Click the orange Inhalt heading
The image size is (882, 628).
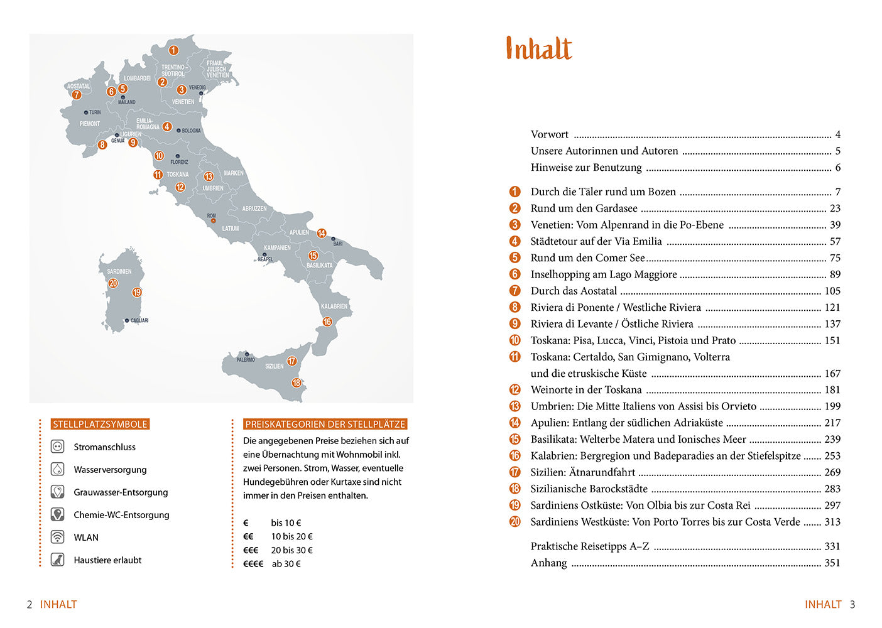539,48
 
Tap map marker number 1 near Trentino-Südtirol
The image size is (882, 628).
173,50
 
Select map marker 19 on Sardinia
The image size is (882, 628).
137,292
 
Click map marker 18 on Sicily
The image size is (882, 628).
296,383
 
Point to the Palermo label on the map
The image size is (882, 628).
246,360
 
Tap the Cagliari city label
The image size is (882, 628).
139,320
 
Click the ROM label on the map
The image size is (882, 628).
212,215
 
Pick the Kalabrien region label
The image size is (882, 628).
334,306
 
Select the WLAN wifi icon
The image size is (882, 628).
58,537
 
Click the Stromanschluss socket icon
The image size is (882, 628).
58,447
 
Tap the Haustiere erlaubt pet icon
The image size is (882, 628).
58,560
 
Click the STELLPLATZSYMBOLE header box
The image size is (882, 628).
101,425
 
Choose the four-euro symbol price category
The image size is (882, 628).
253,564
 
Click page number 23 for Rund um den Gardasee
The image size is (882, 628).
835,208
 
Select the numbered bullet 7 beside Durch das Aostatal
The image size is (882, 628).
515,291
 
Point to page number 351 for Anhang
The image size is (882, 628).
832,563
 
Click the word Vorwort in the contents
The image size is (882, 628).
549,134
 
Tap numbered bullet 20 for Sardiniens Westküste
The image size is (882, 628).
515,522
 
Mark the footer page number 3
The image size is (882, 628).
852,604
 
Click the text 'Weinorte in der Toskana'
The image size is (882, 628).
586,390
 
